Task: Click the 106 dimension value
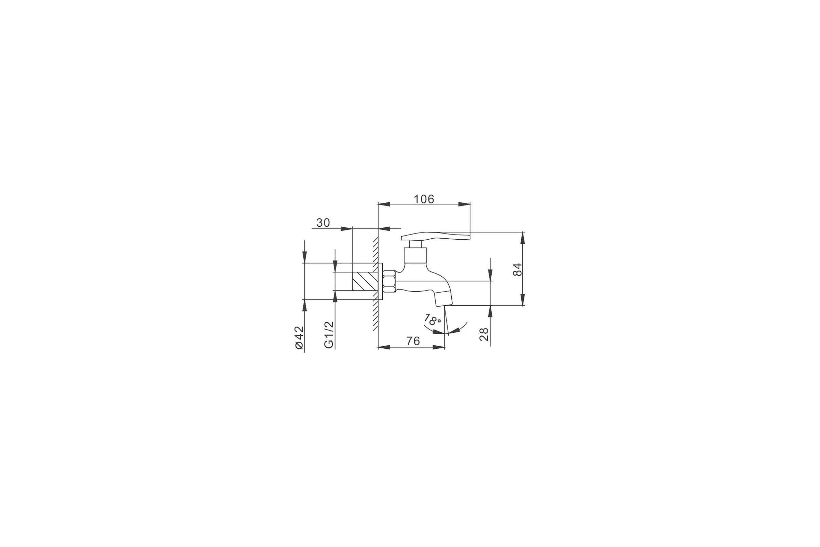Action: click(424, 199)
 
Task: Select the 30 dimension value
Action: click(323, 223)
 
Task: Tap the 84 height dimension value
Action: click(518, 269)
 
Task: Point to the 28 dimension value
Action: click(483, 334)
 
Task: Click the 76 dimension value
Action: click(413, 341)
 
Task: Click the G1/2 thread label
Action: click(329, 335)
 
